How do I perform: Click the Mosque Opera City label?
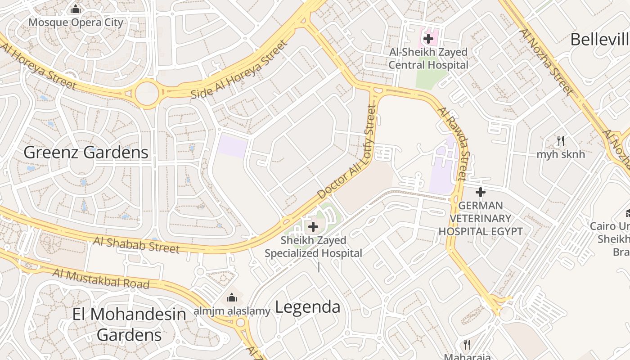[x=76, y=22]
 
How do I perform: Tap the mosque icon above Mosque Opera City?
[x=76, y=9]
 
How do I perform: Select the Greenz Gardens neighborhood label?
[x=86, y=153]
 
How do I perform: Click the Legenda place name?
[x=307, y=307]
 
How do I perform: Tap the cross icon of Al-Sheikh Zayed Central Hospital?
[x=428, y=39]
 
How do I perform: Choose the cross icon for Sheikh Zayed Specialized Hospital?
[x=313, y=227]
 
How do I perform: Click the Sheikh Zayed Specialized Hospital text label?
[x=313, y=247]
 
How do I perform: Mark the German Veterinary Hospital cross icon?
[x=481, y=193]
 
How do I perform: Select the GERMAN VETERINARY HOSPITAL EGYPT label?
[x=481, y=219]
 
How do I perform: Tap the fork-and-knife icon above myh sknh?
[x=560, y=141]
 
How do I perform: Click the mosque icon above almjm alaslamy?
[x=232, y=297]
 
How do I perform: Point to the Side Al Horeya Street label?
[x=238, y=70]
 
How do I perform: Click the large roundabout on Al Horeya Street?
[x=147, y=93]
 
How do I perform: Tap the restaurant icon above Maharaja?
[x=467, y=345]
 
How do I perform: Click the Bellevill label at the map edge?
[x=599, y=40]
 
